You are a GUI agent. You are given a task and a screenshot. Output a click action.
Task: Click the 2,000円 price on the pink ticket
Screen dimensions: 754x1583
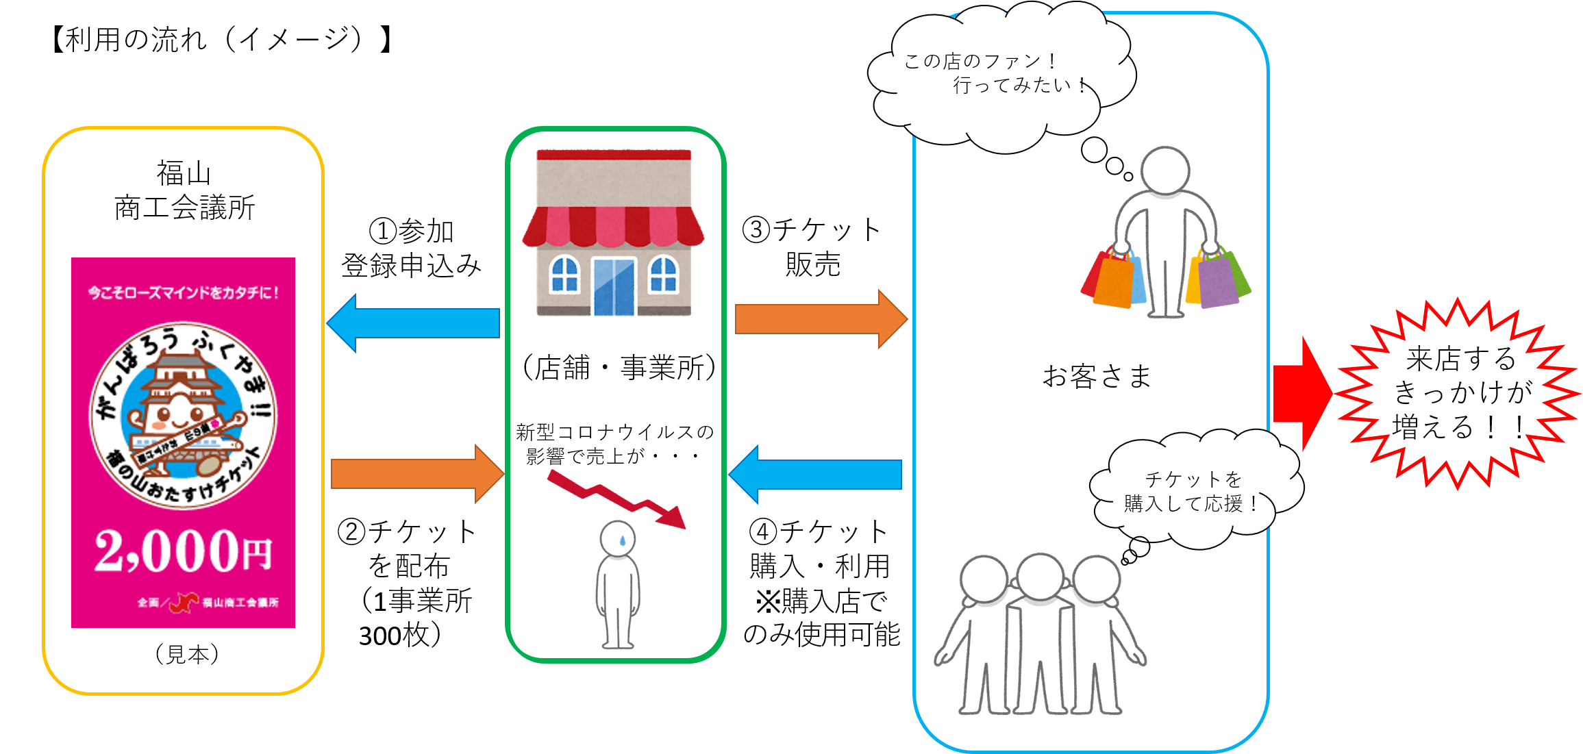[183, 551]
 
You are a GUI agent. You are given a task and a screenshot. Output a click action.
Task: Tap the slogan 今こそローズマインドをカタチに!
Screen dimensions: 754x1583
[183, 292]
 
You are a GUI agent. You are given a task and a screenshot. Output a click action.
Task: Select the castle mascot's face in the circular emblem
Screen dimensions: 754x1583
[177, 411]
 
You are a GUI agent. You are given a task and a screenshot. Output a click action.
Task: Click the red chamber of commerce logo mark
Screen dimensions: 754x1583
[184, 602]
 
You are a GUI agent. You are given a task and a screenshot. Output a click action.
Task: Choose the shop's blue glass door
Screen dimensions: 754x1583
[614, 286]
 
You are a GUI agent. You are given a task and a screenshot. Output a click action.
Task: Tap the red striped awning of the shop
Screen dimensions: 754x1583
[613, 226]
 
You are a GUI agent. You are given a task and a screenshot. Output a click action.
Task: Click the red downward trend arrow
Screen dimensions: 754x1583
[616, 498]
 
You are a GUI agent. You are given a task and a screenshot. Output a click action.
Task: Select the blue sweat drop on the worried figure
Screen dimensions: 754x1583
[622, 540]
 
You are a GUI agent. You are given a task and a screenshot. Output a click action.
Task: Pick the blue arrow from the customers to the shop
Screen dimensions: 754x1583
[815, 474]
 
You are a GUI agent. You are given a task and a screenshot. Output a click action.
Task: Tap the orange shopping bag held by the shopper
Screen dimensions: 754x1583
[1112, 281]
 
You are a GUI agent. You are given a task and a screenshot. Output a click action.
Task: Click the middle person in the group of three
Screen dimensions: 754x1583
[1040, 630]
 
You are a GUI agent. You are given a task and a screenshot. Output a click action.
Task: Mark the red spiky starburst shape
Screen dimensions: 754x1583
[1456, 394]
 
